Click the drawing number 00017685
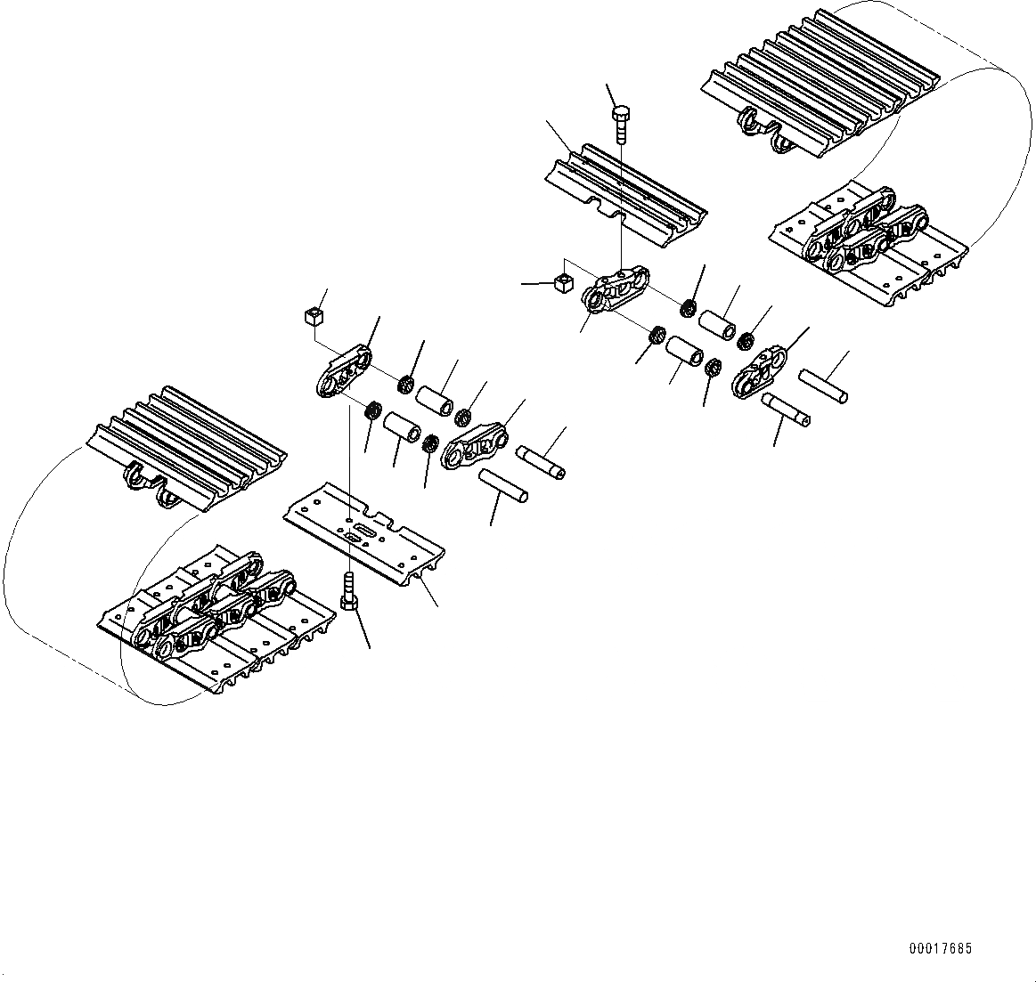point(940,950)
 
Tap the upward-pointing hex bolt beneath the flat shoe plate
point(349,591)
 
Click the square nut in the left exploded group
point(313,315)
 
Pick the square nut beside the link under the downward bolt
point(561,283)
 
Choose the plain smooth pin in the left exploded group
point(504,484)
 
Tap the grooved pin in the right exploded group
point(786,410)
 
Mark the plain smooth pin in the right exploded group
point(822,386)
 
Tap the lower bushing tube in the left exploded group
point(402,426)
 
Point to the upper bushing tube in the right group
point(718,323)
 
